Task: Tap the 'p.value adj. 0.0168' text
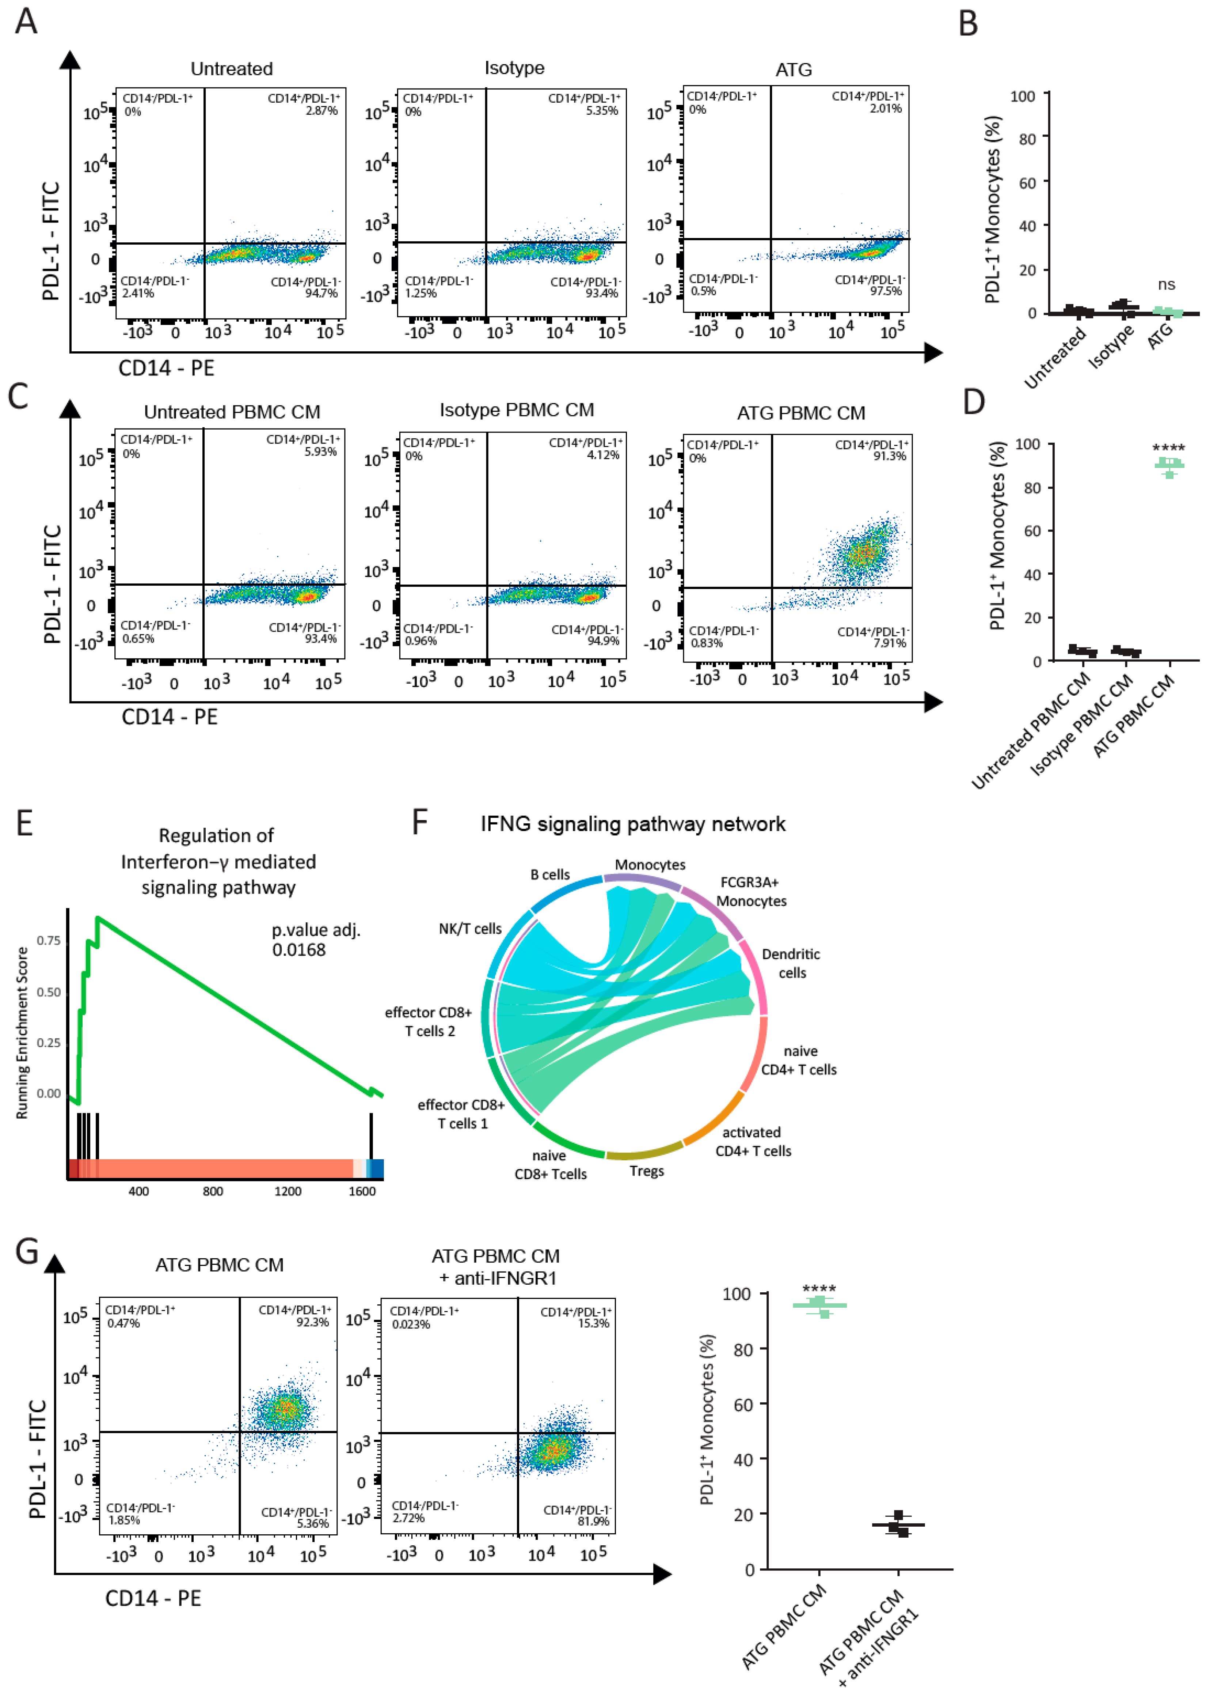pyautogui.click(x=316, y=940)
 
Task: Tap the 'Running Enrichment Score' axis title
pyautogui.click(x=22, y=1033)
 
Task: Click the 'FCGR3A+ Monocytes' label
pyautogui.click(x=751, y=891)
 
